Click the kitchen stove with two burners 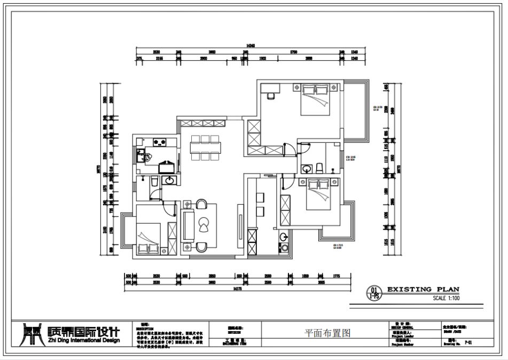[158, 142]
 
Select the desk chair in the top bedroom [270, 96]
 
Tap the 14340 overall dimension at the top [249, 46]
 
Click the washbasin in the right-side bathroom [307, 169]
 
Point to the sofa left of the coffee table [188, 226]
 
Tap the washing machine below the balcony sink [283, 248]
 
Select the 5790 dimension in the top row [293, 52]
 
